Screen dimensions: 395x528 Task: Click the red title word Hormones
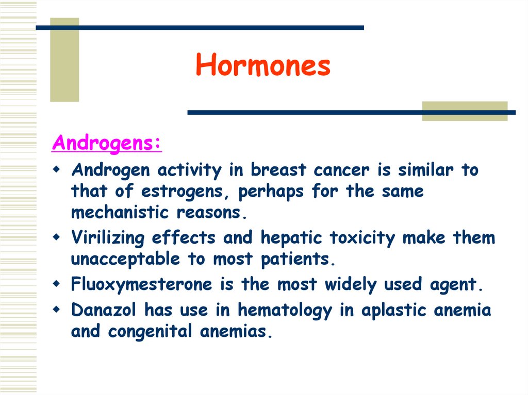(x=263, y=66)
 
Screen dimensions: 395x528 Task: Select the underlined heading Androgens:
(x=107, y=143)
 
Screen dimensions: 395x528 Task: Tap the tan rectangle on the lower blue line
(x=465, y=111)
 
